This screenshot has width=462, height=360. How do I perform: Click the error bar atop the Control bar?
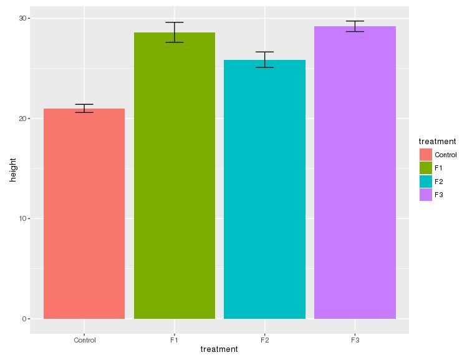click(84, 109)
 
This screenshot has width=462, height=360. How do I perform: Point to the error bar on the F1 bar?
click(175, 32)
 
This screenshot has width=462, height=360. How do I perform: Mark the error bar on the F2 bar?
click(264, 59)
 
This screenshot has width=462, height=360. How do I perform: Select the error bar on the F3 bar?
click(355, 26)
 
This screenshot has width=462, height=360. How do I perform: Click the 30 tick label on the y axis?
click(23, 19)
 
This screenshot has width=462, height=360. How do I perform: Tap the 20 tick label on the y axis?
click(23, 119)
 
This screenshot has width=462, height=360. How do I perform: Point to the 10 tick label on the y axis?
click(23, 219)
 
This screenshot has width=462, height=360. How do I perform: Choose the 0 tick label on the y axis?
click(25, 319)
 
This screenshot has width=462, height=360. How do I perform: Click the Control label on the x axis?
click(84, 340)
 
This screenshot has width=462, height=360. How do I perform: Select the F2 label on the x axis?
click(264, 340)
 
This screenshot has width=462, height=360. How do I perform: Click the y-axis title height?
click(12, 168)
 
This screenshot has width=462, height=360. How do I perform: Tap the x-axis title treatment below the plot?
click(219, 349)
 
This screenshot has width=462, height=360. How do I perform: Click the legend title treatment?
click(437, 142)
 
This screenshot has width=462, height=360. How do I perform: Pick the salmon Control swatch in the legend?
click(426, 155)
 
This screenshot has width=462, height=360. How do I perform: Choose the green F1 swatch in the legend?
click(426, 168)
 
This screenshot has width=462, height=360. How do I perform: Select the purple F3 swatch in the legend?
click(426, 195)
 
